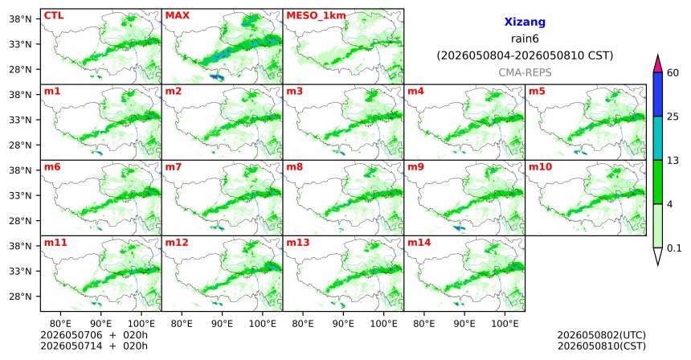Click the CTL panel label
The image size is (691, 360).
click(54, 16)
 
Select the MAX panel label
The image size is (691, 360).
click(177, 16)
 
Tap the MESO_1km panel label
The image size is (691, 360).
click(316, 16)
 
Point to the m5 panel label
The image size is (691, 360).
click(537, 92)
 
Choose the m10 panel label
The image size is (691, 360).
click(540, 167)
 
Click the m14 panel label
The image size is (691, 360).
click(419, 243)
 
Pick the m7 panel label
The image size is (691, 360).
click(174, 167)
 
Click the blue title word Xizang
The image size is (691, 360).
click(525, 22)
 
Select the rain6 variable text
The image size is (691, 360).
click(525, 39)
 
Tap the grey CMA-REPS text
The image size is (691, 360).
click(525, 72)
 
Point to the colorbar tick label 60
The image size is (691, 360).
click(673, 72)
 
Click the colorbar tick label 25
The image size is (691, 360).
click(673, 117)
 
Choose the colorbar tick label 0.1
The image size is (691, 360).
click(674, 248)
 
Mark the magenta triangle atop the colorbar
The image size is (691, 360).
click(658, 64)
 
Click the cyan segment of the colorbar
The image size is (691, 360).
click(658, 138)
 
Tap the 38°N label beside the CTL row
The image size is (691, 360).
click(21, 19)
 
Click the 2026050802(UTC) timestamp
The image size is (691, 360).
click(602, 336)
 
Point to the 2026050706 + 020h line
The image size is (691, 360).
click(94, 335)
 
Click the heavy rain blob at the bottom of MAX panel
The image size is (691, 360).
click(216, 77)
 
